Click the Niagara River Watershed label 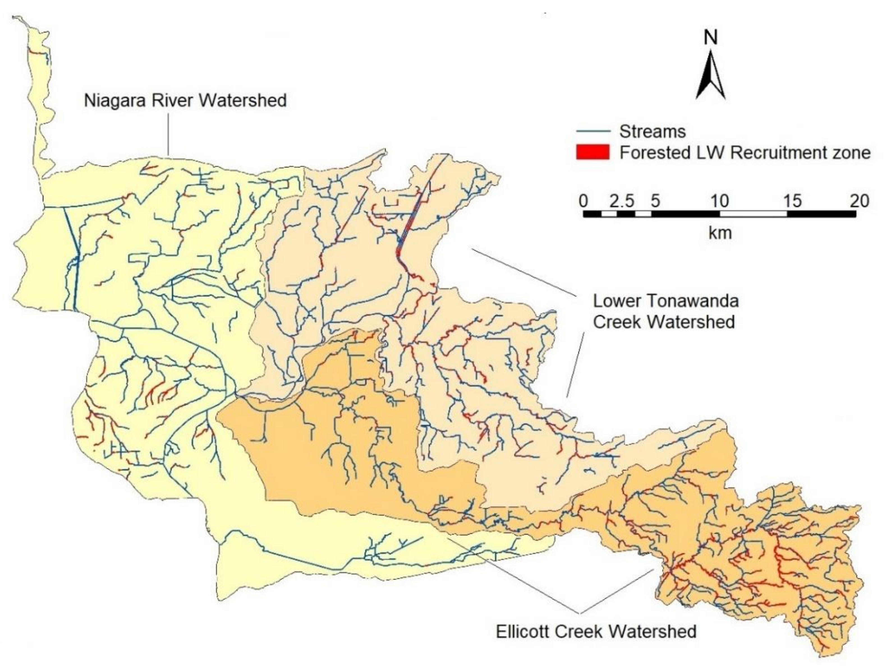[x=185, y=100]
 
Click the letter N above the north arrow [x=711, y=38]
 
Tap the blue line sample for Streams [x=592, y=131]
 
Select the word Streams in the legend [x=652, y=131]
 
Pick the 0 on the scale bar [x=584, y=201]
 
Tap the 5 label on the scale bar [x=655, y=201]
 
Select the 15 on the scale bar [x=792, y=201]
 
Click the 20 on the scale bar [x=860, y=201]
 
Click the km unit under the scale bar [x=720, y=233]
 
